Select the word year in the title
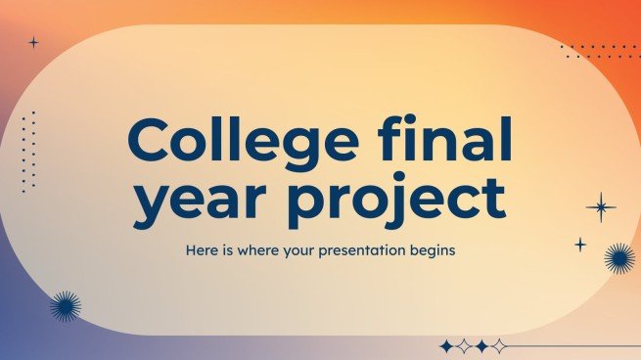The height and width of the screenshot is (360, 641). point(193,199)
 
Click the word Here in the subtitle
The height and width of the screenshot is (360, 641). point(202,250)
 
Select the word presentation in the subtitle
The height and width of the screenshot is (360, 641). point(377,250)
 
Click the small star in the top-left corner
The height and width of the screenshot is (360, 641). point(33,42)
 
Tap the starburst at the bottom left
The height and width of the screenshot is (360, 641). point(66,306)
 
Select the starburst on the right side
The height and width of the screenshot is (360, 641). point(618,258)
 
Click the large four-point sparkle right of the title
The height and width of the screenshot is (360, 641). point(600,206)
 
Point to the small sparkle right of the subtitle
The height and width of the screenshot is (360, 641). point(580,244)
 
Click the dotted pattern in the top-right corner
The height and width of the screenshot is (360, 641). point(602,51)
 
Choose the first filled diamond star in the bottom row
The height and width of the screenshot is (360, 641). point(447,346)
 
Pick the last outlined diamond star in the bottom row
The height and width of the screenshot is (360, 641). point(499,346)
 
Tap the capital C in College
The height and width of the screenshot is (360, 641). point(150,143)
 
